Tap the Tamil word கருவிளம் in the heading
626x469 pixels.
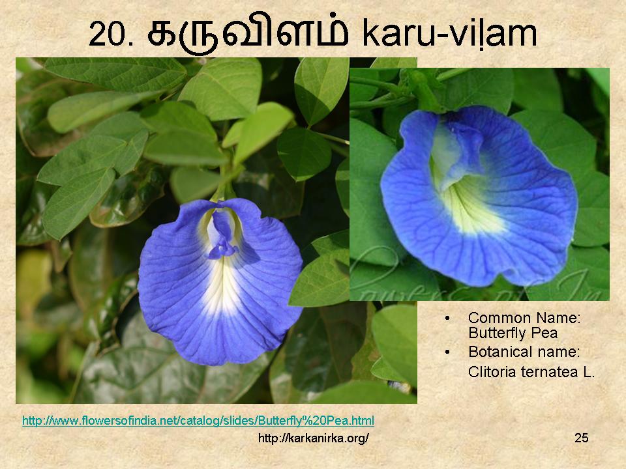coord(248,33)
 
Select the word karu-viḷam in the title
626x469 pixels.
coord(450,33)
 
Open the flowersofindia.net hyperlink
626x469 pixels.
coord(198,421)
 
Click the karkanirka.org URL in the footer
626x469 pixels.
coord(314,438)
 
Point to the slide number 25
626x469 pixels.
coord(581,438)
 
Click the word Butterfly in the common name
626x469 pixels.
coord(496,334)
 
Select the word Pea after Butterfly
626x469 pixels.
coord(543,333)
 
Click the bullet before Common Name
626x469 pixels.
coord(447,319)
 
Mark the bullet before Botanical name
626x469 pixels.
coord(447,352)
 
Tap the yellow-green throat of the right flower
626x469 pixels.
coord(471,207)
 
